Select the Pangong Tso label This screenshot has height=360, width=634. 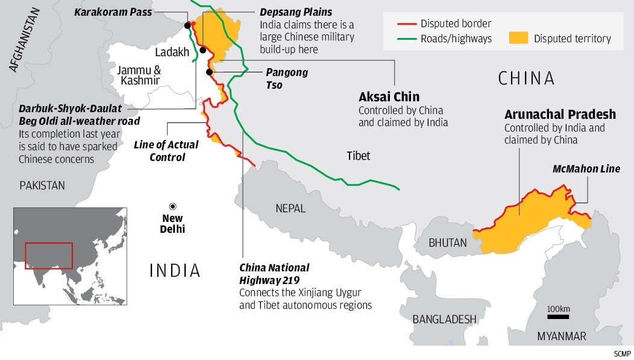(287, 78)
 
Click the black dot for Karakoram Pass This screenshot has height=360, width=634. (188, 25)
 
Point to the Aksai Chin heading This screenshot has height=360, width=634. (389, 97)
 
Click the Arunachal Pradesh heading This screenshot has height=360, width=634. (560, 115)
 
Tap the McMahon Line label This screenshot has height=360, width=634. (586, 169)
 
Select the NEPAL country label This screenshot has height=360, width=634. (290, 209)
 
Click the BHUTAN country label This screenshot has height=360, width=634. (447, 243)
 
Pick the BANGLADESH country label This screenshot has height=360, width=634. (444, 319)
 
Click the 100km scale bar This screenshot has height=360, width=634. (558, 316)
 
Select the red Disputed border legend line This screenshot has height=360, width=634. (408, 24)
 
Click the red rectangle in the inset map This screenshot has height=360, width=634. (49, 255)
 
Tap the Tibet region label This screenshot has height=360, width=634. (358, 156)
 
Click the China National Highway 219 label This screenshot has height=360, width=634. (274, 273)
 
